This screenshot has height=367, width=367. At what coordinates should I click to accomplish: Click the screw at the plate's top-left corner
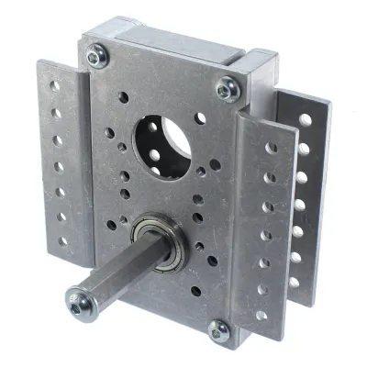(96, 60)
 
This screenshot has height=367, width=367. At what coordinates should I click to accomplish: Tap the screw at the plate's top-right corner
(226, 89)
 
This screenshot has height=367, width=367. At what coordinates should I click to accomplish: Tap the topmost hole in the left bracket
(55, 86)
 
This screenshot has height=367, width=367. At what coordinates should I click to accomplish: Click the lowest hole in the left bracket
(63, 243)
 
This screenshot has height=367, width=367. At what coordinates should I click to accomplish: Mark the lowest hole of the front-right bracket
(261, 316)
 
